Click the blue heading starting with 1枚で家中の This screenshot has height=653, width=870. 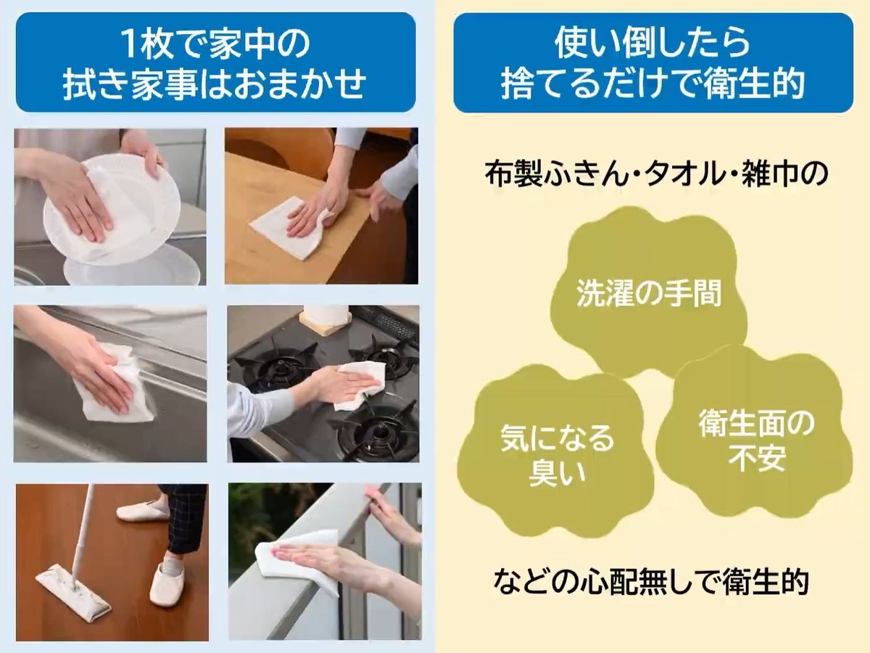(x=215, y=62)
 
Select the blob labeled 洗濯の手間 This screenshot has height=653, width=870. (x=649, y=294)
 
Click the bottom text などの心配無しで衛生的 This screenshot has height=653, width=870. (x=652, y=580)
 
